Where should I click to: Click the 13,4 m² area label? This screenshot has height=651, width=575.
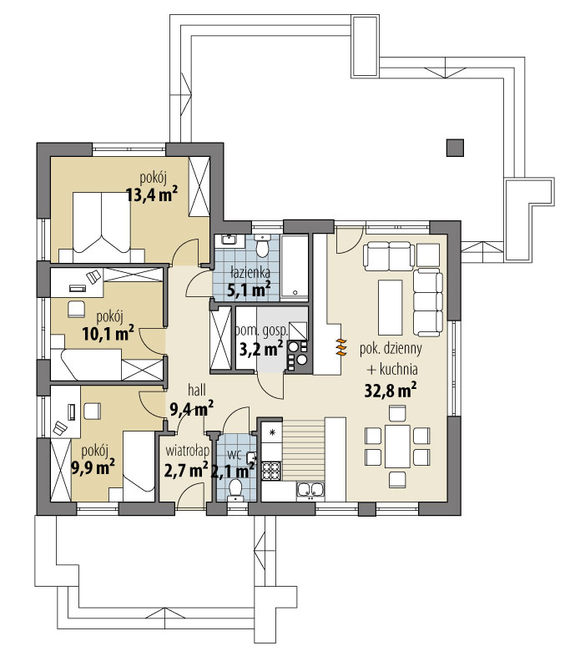(153, 194)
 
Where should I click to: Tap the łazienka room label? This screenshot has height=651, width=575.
(250, 272)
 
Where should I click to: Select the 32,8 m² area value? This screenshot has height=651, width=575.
(391, 391)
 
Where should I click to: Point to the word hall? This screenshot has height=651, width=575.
(197, 391)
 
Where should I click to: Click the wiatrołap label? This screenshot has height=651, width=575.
(187, 451)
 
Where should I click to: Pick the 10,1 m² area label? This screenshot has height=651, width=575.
(108, 333)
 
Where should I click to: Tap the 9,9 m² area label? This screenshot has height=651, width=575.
(93, 467)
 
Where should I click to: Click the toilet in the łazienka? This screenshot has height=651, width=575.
(262, 245)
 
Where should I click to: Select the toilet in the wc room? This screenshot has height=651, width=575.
(236, 489)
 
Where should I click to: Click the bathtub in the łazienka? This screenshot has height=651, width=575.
(295, 268)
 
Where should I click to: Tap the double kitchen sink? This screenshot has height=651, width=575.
(310, 490)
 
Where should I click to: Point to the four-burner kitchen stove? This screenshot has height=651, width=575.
(271, 471)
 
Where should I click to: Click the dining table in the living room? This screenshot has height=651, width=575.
(397, 447)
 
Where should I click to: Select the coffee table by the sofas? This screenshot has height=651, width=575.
(391, 307)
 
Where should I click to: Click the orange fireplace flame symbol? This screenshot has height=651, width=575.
(340, 347)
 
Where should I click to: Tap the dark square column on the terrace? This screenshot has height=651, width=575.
(455, 149)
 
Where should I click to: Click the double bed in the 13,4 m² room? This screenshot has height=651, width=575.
(102, 227)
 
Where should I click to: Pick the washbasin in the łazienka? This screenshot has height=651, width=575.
(229, 240)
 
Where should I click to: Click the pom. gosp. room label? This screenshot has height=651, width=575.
(261, 331)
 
